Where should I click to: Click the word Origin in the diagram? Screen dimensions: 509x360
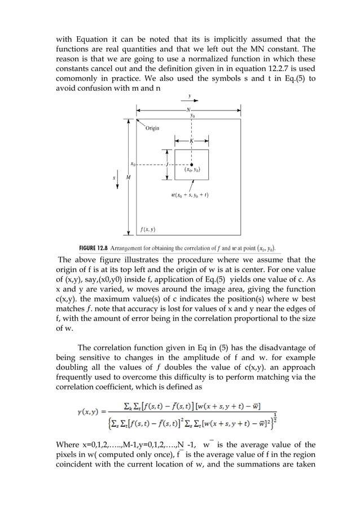click(152, 128)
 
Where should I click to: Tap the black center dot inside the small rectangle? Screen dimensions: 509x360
click(192, 165)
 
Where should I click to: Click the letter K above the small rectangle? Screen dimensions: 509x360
click(192, 141)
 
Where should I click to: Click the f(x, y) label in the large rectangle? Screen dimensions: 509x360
click(148, 230)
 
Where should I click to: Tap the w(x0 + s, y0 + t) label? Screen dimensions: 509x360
click(190, 195)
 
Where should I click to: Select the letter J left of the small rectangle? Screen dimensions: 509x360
click(167, 165)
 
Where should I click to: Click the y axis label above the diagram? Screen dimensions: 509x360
click(189, 96)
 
